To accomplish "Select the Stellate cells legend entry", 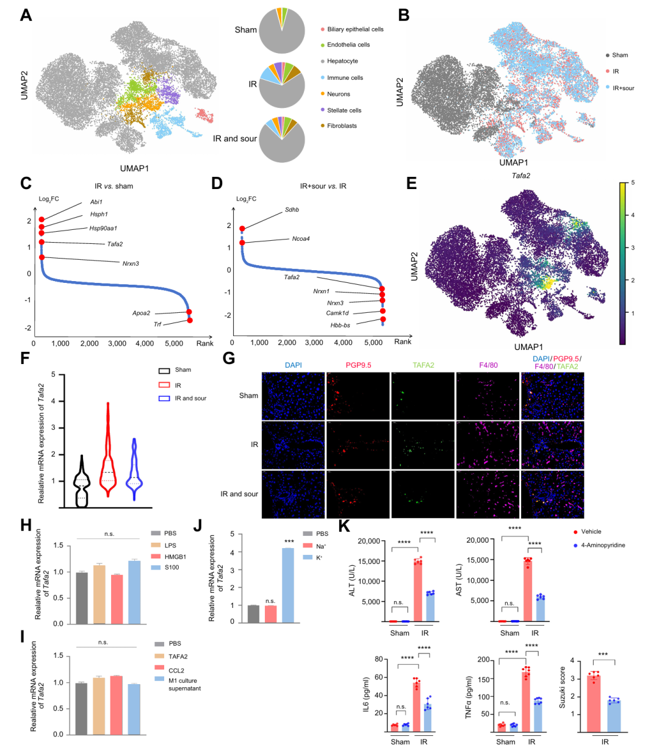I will click(x=344, y=110).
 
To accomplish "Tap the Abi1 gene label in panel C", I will click(x=96, y=202).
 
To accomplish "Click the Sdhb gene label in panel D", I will click(x=292, y=210).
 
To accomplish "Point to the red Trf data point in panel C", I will click(x=190, y=320).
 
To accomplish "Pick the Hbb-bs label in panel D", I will click(x=340, y=325).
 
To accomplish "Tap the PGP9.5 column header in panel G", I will click(x=358, y=365).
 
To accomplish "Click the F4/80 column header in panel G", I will click(x=488, y=365).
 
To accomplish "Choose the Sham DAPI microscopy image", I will click(x=293, y=395).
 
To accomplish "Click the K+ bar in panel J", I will click(x=288, y=585).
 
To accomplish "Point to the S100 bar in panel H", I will click(x=135, y=592).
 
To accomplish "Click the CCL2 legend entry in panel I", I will click(x=176, y=670).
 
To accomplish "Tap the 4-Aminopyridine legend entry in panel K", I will click(x=602, y=545).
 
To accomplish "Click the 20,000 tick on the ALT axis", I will click(x=368, y=541).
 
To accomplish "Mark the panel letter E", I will click(x=411, y=183).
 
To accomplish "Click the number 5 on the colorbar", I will click(x=633, y=183).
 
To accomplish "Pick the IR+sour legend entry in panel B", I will click(x=622, y=88).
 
